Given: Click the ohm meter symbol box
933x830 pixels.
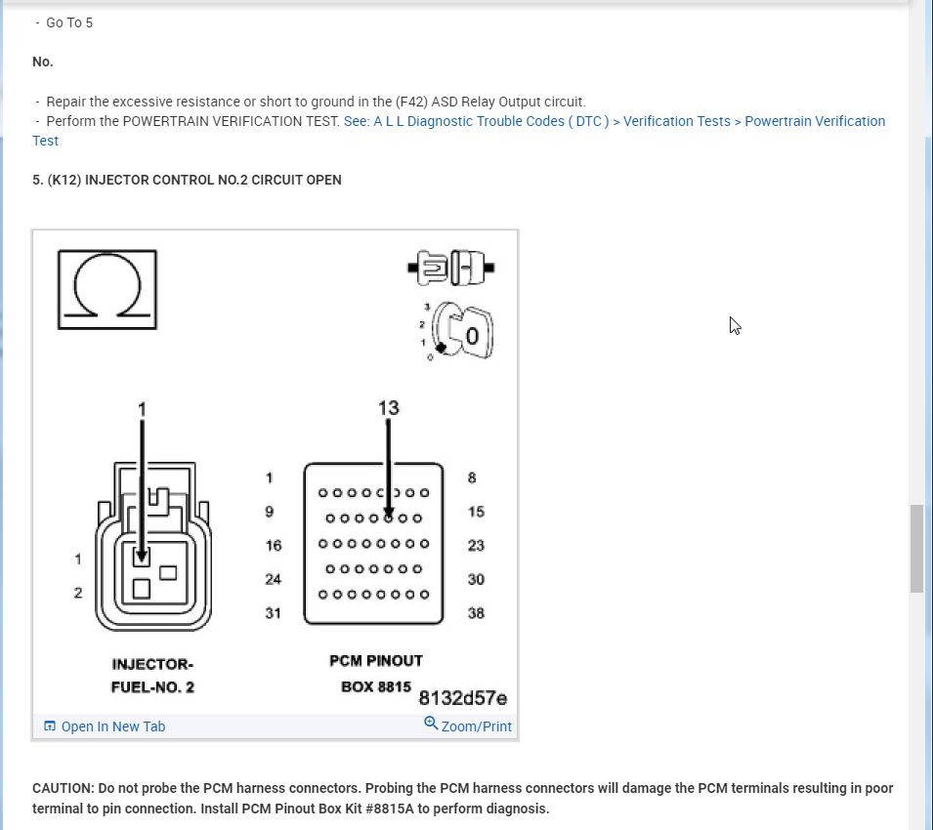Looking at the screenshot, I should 106,289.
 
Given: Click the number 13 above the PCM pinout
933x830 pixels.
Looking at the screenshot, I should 388,407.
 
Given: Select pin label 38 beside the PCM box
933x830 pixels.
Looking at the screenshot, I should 476,613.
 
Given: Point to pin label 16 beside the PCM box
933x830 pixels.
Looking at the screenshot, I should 273,545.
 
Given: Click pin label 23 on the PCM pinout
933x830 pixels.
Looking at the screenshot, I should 476,545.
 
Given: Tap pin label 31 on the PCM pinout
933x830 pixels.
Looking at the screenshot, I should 273,613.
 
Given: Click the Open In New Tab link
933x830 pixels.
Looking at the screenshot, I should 112,726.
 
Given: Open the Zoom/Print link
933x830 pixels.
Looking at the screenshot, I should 476,726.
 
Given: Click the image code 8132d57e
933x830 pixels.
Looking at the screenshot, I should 463,698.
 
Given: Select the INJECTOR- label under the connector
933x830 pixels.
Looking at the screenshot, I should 152,665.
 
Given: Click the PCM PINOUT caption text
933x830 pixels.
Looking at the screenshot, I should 376,661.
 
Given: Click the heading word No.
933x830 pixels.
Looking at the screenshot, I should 42,62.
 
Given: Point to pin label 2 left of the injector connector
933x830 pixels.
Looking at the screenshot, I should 78,593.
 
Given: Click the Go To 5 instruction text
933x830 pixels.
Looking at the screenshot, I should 69,22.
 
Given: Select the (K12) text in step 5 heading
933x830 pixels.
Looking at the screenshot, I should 64,180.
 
